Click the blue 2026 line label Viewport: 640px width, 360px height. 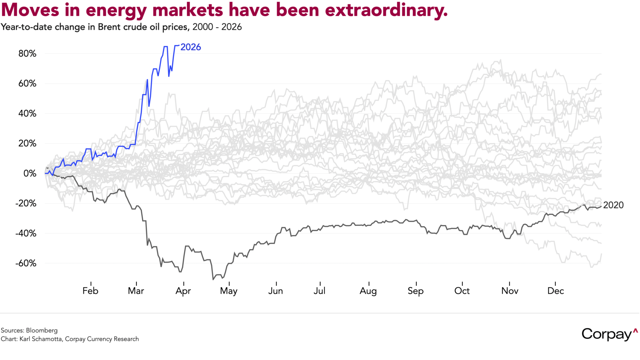click(191, 47)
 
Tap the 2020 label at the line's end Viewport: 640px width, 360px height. click(613, 205)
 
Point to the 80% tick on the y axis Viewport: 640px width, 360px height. click(27, 54)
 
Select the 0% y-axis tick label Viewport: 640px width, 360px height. click(30, 174)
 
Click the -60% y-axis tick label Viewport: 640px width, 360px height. click(26, 263)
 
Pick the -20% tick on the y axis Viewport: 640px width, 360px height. click(26, 203)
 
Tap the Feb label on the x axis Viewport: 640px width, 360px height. click(90, 291)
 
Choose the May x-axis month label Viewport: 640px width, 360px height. click(229, 291)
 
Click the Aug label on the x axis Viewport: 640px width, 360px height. click(368, 291)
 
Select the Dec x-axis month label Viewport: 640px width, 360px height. click(555, 291)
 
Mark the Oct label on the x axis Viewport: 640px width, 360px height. click(462, 291)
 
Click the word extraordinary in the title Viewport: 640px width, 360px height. click(386, 10)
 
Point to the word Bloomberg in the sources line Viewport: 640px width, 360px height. click(41, 330)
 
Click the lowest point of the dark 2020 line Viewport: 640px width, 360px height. click(213, 279)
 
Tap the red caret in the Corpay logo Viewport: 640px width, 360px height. click(635, 330)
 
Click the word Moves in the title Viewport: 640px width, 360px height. click(30, 10)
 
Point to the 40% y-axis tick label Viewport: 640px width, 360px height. click(27, 114)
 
